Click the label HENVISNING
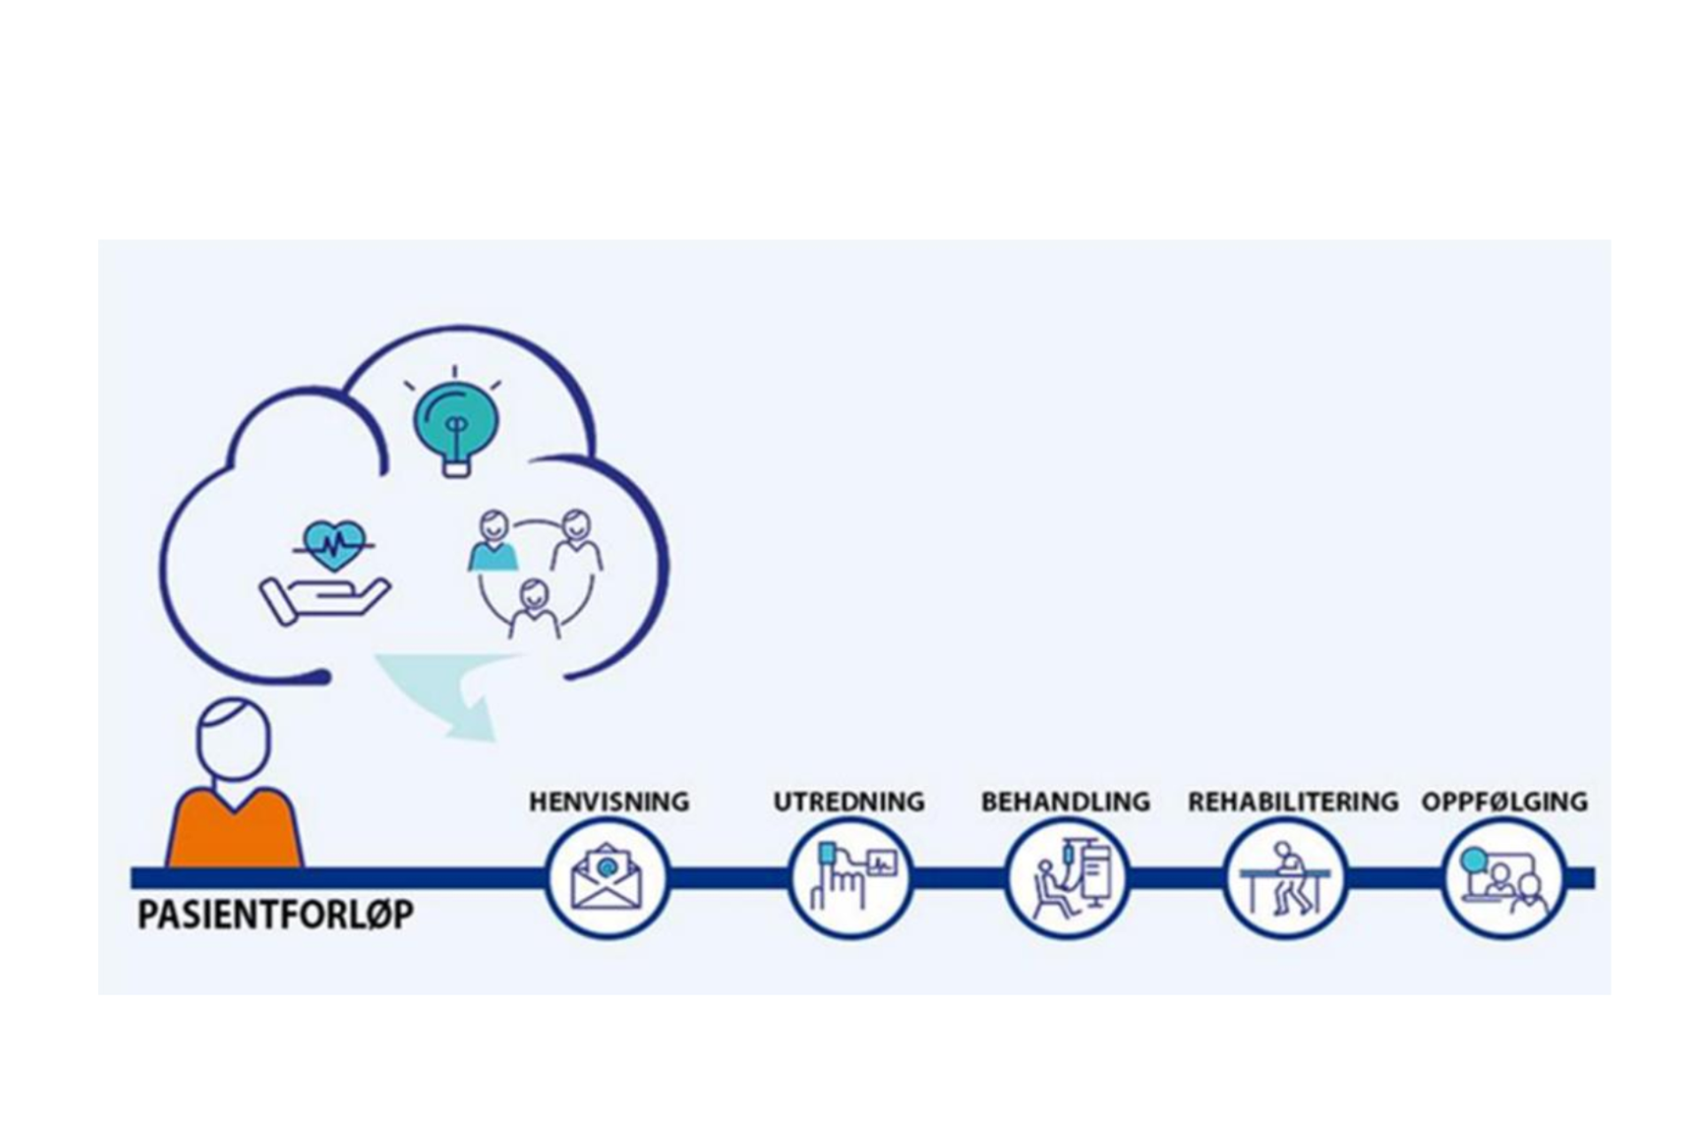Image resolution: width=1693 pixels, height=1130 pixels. pos(609,801)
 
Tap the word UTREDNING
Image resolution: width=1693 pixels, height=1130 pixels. pos(848,801)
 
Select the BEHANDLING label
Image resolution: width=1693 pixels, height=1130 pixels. pos(1065,801)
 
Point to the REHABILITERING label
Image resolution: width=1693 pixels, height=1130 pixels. pos(1292,801)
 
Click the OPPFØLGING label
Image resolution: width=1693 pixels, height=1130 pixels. pos(1503,801)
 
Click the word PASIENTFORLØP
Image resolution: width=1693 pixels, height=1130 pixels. pos(276,916)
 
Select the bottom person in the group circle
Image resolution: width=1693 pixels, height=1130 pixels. pos(533,609)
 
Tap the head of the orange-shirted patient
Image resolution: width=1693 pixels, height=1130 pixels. pos(232,740)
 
